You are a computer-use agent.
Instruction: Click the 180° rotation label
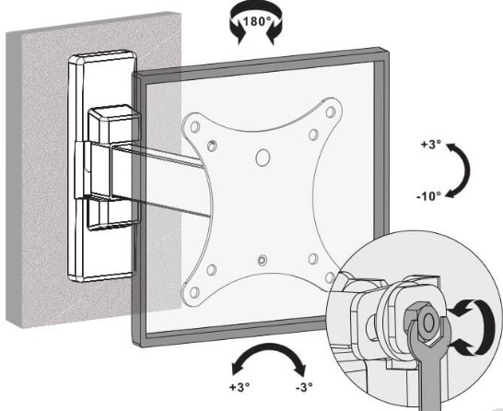[x=257, y=21]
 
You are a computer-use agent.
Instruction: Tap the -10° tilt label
[x=428, y=195]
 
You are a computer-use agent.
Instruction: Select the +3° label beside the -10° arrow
[x=428, y=145]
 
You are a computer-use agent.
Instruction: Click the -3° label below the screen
[x=304, y=387]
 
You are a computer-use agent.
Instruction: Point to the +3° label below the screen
[x=240, y=387]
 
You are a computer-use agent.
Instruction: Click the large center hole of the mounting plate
[x=263, y=158]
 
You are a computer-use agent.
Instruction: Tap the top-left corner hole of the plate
[x=194, y=127]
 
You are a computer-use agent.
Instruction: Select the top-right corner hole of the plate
[x=330, y=112]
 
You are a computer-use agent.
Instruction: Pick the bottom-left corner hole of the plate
[x=193, y=292]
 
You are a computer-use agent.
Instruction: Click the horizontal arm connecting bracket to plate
[x=158, y=180]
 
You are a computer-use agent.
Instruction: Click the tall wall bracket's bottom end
[x=101, y=276]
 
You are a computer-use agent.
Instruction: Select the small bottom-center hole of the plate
[x=263, y=260]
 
